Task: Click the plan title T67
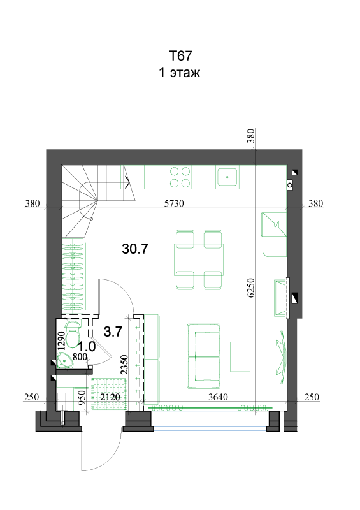180,55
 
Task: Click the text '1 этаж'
180,72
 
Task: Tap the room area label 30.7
135,249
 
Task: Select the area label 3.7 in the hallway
113,331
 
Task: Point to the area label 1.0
87,347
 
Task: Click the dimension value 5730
174,203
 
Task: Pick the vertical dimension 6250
251,288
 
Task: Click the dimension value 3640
218,397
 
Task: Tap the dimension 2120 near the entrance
110,397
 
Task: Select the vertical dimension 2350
124,365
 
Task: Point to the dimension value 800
80,357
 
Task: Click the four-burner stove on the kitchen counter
180,177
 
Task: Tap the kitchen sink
227,177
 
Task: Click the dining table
199,259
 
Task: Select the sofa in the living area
204,356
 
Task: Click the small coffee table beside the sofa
240,356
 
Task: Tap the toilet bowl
73,337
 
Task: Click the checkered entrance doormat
109,394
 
